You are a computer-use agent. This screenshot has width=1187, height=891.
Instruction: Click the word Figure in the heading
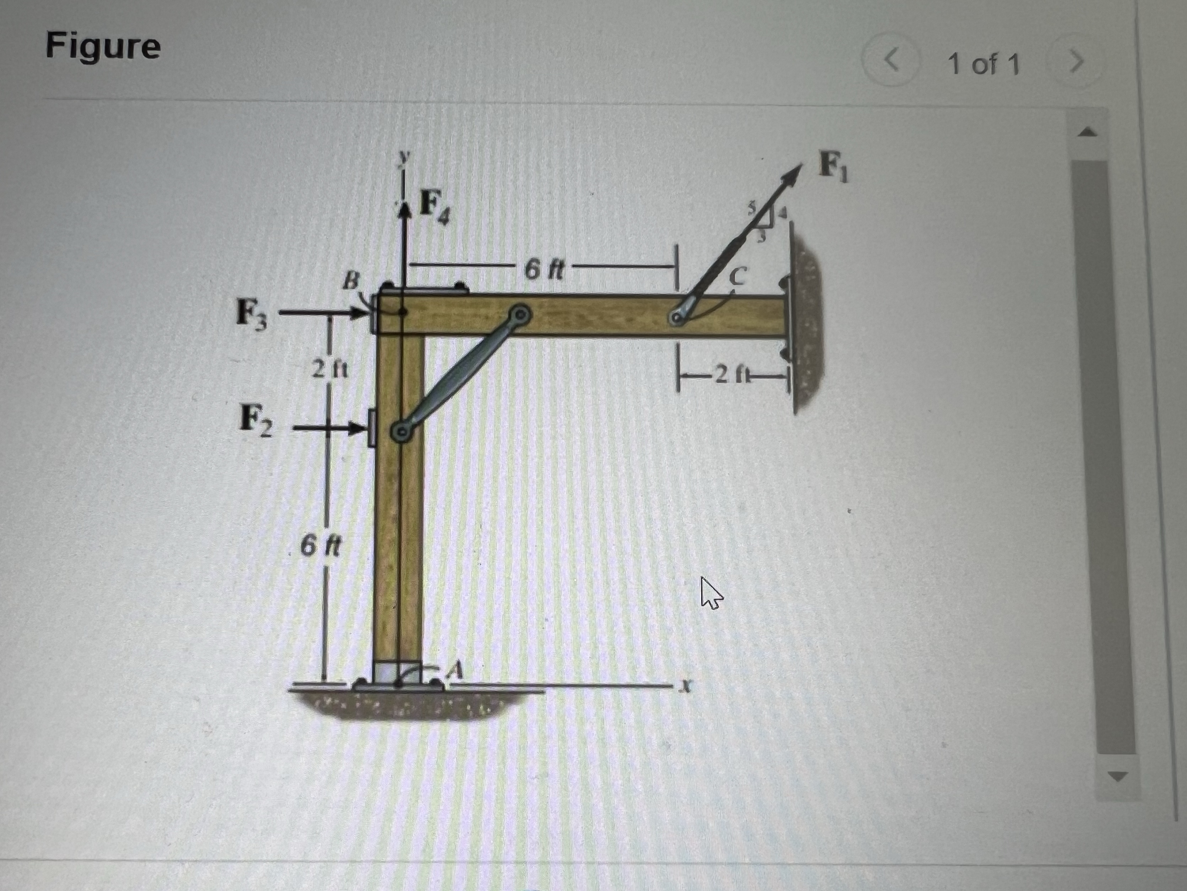coord(103,46)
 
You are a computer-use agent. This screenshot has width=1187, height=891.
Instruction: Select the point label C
coord(738,276)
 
